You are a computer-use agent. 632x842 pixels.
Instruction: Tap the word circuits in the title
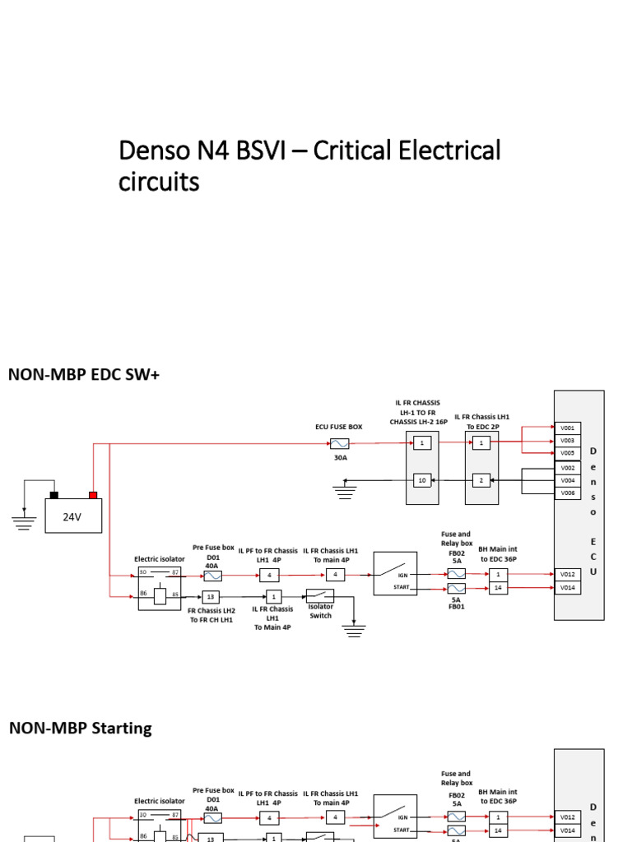159,182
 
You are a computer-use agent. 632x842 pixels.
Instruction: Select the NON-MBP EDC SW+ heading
83,375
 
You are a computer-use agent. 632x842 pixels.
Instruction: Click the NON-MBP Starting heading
80,728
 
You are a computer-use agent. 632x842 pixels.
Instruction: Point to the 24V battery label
72,517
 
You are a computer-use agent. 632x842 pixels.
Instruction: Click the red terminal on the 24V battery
93,495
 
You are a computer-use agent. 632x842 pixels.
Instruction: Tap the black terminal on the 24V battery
54,495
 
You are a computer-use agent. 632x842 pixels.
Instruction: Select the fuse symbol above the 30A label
339,443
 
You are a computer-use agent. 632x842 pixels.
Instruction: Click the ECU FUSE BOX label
338,428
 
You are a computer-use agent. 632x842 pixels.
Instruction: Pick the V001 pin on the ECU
568,428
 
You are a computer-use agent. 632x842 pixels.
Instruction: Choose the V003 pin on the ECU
568,441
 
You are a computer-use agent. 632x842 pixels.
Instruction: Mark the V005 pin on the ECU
568,453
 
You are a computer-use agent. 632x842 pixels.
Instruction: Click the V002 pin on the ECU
568,467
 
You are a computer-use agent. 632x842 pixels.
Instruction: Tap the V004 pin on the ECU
568,479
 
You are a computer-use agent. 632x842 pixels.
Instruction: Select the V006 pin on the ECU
568,493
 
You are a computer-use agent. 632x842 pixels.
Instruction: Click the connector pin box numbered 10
422,479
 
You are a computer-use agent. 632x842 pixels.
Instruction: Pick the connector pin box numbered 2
481,479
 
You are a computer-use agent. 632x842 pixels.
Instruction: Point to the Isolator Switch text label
321,611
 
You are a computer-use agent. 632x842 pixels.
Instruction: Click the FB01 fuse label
457,606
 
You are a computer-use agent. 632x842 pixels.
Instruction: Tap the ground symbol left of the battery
24,519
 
